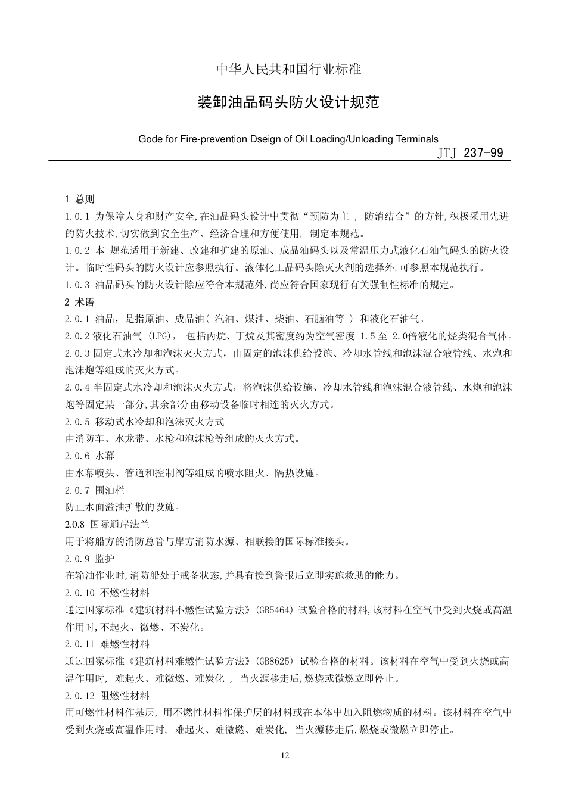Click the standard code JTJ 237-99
470,153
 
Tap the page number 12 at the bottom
284,756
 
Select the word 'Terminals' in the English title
418,139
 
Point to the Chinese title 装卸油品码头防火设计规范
288,103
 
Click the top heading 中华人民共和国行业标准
288,70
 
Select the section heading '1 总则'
80,199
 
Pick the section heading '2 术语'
80,302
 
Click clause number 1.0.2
77,251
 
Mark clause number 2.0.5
77,422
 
